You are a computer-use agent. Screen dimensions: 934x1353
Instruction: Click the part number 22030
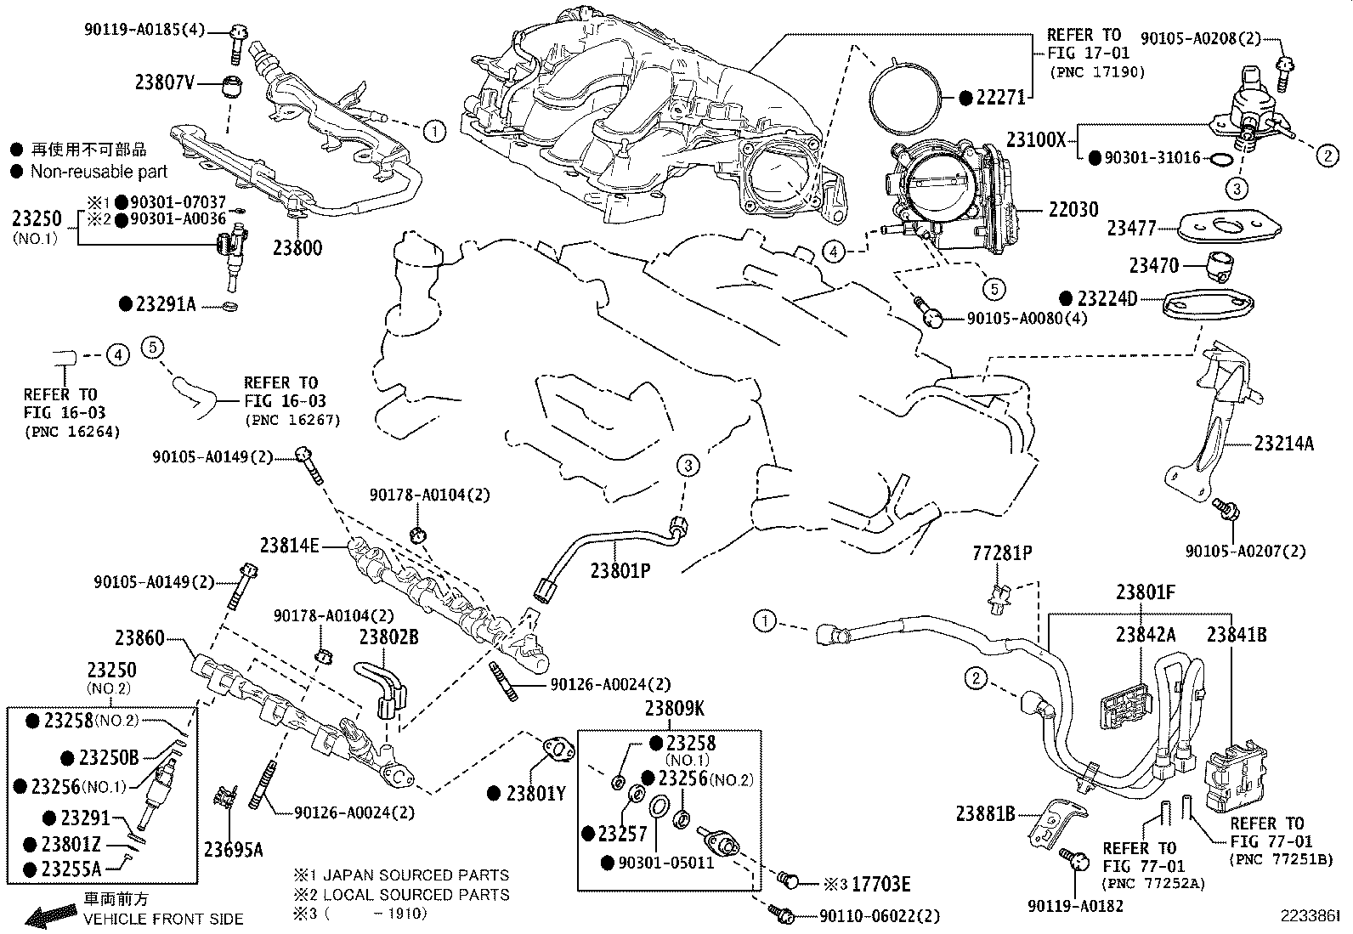tap(1073, 209)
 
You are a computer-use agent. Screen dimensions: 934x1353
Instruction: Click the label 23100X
tap(1035, 139)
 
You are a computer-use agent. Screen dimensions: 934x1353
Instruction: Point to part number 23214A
tap(1284, 443)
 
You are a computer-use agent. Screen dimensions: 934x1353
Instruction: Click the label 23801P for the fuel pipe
tap(620, 571)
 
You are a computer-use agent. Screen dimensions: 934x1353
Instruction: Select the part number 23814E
tap(289, 546)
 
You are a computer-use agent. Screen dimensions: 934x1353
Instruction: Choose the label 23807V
tap(165, 82)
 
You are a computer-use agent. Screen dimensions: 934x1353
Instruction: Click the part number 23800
tap(297, 248)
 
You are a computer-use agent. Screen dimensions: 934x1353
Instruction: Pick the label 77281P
tap(1002, 554)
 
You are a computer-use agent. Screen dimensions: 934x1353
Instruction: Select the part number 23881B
tap(985, 813)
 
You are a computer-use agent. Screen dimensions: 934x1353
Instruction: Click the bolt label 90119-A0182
tap(1075, 907)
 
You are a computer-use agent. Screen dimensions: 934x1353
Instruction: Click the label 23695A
tap(233, 848)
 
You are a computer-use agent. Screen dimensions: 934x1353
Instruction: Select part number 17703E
tap(881, 885)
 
